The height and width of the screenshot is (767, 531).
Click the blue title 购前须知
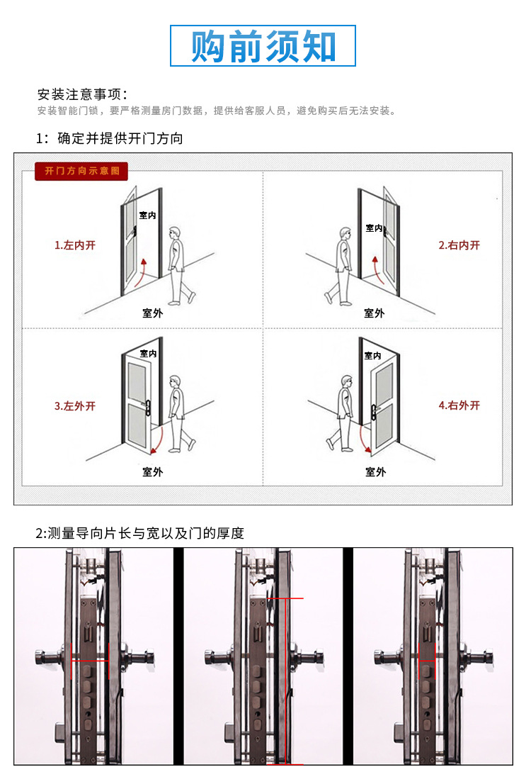click(x=263, y=47)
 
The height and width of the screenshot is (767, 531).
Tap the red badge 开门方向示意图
click(x=81, y=172)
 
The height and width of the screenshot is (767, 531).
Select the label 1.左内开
click(x=75, y=245)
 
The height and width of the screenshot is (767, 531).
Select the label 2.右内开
click(x=459, y=245)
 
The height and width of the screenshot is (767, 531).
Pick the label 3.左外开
click(x=75, y=406)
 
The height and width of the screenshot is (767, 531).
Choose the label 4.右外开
click(x=459, y=405)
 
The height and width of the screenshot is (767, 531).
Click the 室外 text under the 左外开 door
click(x=152, y=471)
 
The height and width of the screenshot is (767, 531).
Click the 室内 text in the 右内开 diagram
click(x=374, y=228)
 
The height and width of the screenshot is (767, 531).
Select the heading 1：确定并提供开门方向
click(x=110, y=138)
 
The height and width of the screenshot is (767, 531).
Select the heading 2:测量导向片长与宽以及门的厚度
click(x=139, y=533)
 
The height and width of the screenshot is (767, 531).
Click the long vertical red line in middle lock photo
click(x=284, y=681)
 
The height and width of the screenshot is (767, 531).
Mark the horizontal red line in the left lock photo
click(x=89, y=661)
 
